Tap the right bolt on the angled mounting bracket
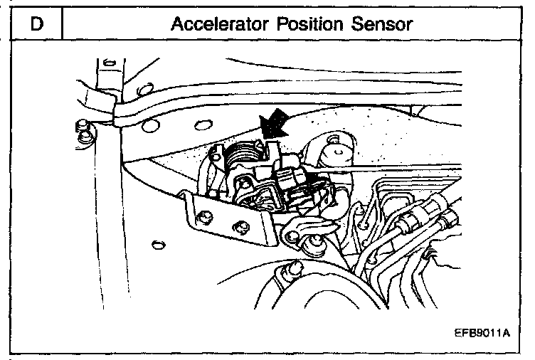tap(243, 227)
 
